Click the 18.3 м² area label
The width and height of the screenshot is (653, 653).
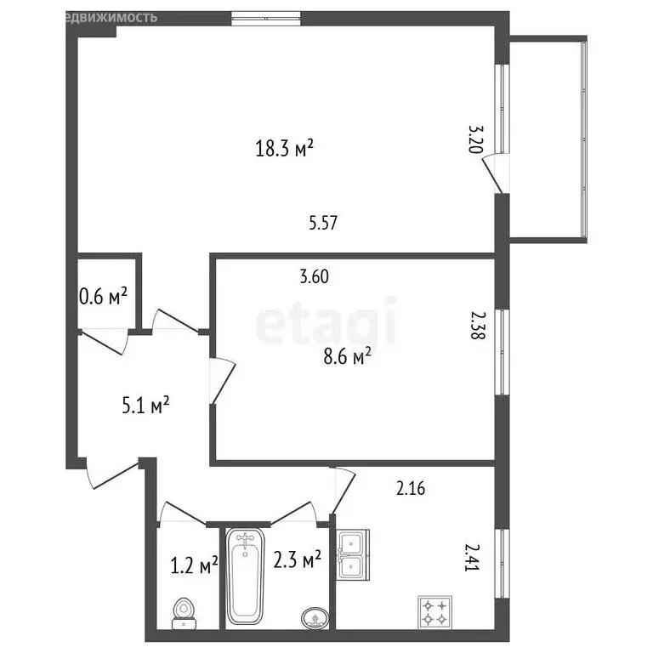285,150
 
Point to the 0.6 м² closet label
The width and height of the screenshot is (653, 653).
103,296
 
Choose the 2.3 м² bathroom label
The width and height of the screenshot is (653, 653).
297,559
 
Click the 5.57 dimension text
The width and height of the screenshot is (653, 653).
324,223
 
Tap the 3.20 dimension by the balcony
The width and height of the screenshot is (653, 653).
476,139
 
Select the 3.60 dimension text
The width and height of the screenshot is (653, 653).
314,276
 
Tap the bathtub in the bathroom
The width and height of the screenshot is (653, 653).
247,577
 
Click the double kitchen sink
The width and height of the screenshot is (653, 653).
352,554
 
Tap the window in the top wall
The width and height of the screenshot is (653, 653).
266,14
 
